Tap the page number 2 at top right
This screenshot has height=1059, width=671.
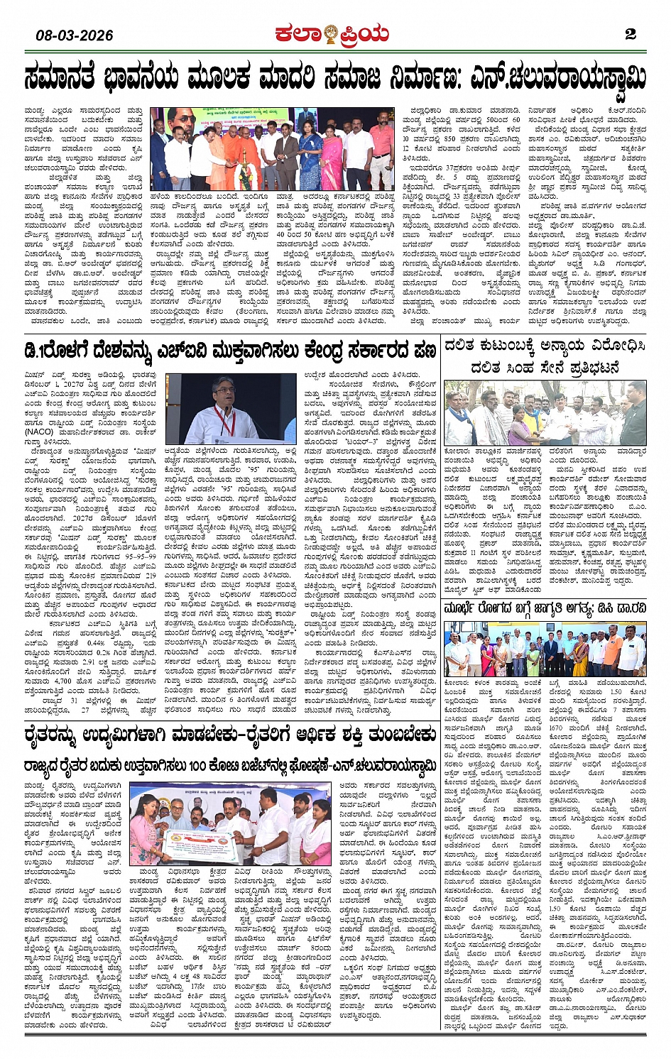click(630, 34)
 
